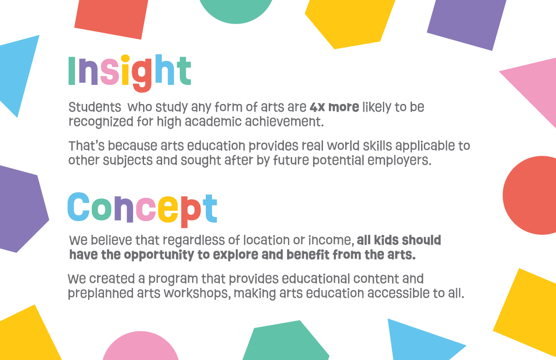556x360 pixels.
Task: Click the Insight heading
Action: [129, 73]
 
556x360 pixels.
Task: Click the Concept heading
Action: [143, 210]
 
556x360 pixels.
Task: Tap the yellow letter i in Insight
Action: [125, 70]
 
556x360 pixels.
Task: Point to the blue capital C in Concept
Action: [79, 207]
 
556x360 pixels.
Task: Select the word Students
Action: [94, 107]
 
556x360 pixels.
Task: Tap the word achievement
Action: [284, 122]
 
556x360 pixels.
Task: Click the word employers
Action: [399, 161]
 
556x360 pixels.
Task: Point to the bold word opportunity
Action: [159, 255]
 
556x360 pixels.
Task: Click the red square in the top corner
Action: [111, 17]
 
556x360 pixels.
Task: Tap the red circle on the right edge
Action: [530, 195]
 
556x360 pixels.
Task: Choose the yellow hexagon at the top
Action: [349, 22]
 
